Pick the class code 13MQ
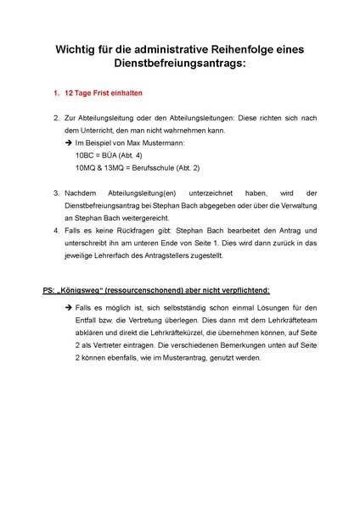(121, 170)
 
